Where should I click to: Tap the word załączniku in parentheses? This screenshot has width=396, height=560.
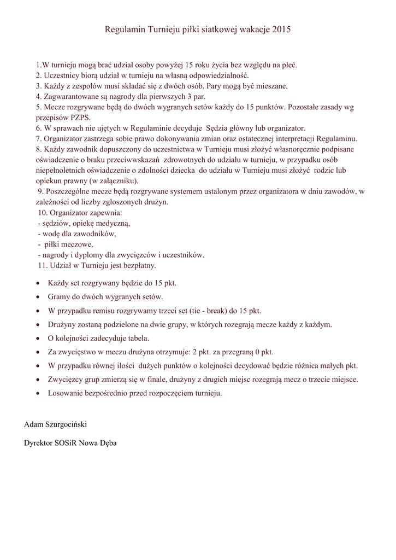pyautogui.click(x=116, y=181)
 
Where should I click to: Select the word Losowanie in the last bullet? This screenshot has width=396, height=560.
pyautogui.click(x=65, y=394)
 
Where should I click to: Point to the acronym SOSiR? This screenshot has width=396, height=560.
pyautogui.click(x=67, y=444)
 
